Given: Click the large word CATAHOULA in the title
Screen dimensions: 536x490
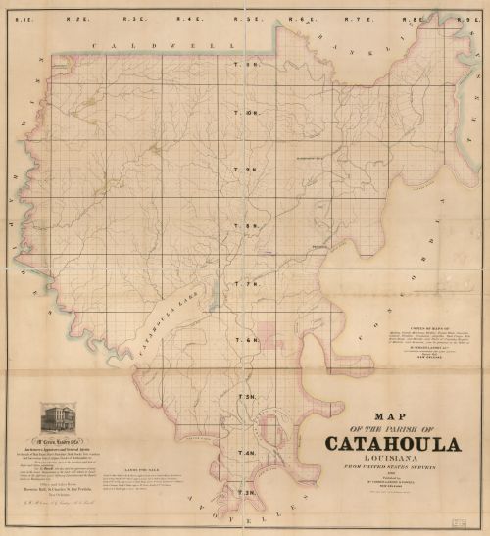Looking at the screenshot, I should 390,444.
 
